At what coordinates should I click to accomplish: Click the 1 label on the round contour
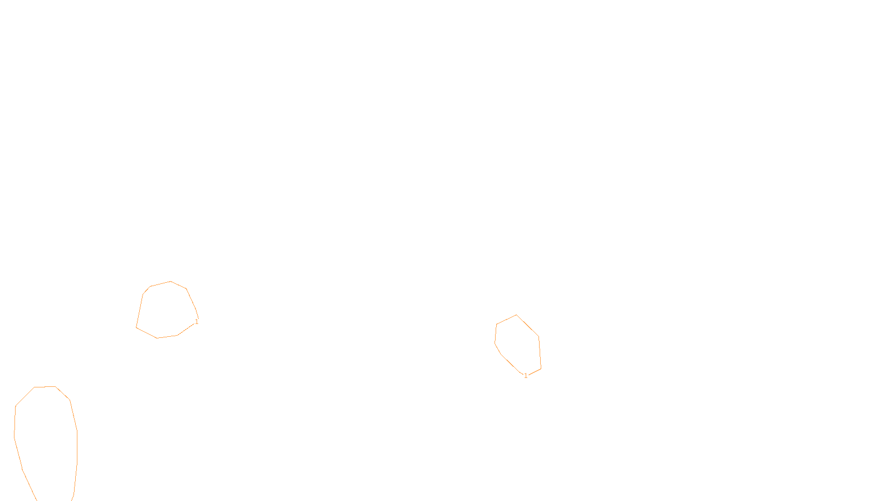[197, 322]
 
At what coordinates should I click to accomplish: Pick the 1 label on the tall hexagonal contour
[526, 376]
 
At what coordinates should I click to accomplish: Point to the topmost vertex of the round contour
[170, 282]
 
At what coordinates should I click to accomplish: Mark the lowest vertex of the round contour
[157, 338]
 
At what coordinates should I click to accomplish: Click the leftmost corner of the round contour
[136, 327]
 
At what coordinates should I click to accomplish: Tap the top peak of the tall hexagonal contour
[516, 315]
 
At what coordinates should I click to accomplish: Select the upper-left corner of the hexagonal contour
[497, 324]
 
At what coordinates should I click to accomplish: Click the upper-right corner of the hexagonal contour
[538, 337]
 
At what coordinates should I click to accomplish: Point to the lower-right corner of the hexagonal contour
[541, 369]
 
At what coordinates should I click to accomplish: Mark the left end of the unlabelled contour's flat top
[35, 387]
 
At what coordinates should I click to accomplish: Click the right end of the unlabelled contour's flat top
[55, 386]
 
